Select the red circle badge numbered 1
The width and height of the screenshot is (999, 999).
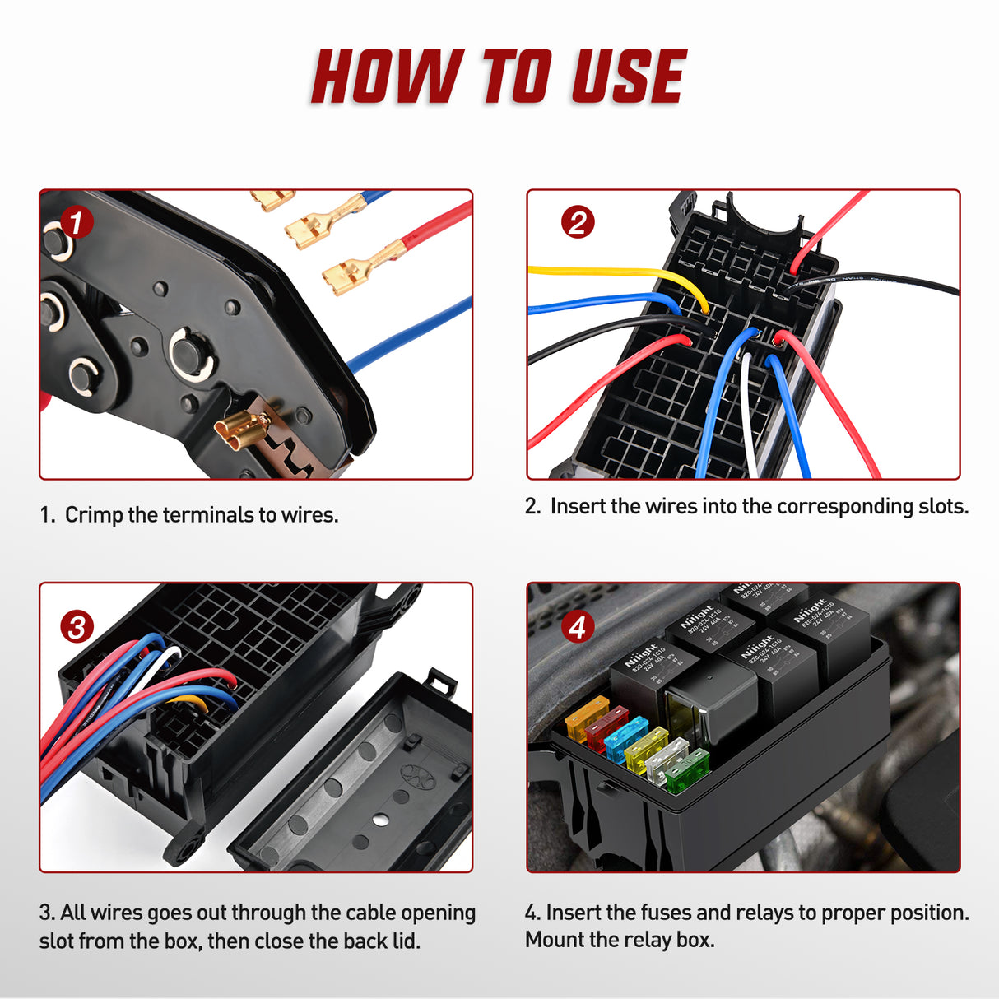pos(77,222)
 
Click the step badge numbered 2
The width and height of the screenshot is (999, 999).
pos(577,222)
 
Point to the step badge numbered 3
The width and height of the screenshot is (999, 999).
pos(77,627)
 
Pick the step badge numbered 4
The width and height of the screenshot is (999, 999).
pos(577,627)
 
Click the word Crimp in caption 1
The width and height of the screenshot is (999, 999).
pos(93,515)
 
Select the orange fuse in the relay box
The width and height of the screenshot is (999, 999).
pos(585,715)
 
